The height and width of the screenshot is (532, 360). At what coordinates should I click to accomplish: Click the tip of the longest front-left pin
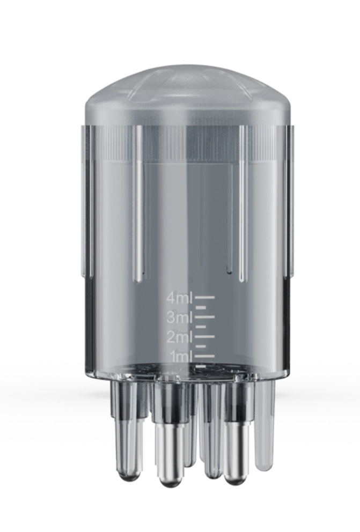[x=171, y=481]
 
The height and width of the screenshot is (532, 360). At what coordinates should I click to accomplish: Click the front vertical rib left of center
[x=138, y=204]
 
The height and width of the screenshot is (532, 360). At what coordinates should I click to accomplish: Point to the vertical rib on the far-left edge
[x=86, y=198]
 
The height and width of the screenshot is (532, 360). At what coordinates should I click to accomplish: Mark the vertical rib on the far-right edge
[x=290, y=198]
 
